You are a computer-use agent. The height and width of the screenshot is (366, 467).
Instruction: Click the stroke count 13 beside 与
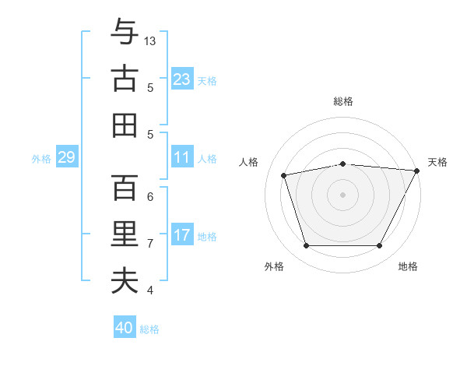tap(151, 40)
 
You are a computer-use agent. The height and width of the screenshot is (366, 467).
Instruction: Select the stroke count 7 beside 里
tap(150, 244)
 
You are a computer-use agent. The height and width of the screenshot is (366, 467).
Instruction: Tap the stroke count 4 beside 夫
tap(150, 290)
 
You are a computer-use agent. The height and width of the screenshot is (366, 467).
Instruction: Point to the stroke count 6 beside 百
tap(150, 197)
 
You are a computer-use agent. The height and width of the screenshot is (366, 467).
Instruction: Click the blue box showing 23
tap(181, 79)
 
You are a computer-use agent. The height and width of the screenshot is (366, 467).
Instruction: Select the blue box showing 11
tap(181, 157)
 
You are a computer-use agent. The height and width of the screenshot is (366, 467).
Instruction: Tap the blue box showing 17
tap(181, 235)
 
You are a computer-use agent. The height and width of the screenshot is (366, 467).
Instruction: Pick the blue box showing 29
tap(66, 157)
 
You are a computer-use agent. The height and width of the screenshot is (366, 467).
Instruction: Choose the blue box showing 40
tap(124, 328)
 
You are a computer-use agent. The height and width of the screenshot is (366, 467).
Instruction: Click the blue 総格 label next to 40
tap(149, 329)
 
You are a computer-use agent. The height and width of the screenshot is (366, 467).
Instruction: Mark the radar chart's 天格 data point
tap(417, 170)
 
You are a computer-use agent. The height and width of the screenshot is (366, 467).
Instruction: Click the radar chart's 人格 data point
tap(284, 174)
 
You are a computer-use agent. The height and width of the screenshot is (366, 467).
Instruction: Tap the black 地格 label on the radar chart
tap(408, 267)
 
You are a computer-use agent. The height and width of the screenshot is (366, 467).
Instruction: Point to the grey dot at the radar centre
tap(342, 194)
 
